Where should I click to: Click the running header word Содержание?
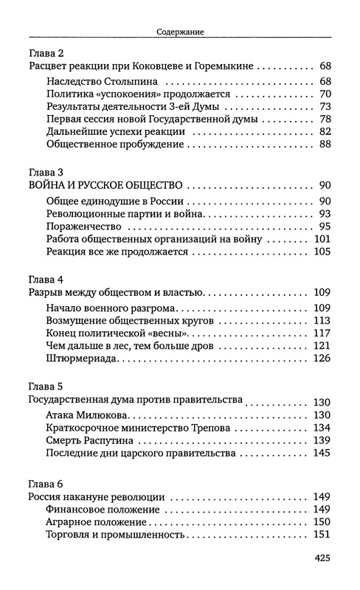pyautogui.click(x=180, y=32)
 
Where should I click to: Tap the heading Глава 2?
pyautogui.click(x=46, y=55)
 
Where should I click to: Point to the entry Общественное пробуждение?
pyautogui.click(x=112, y=145)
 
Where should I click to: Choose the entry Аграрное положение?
pyautogui.click(x=103, y=521)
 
